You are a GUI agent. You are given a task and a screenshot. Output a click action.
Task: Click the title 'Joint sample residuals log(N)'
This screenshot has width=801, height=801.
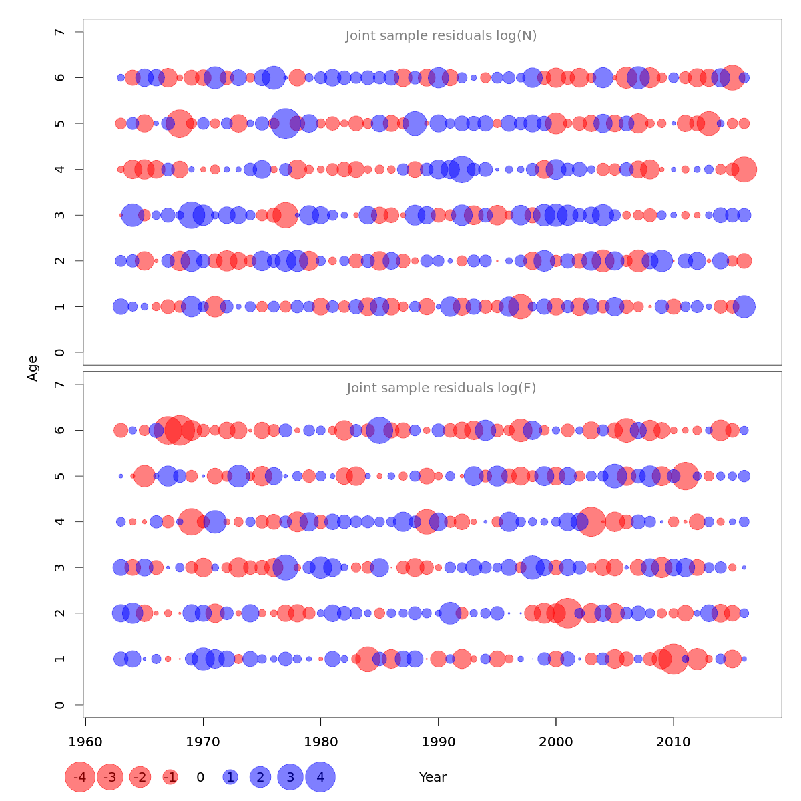click(x=441, y=36)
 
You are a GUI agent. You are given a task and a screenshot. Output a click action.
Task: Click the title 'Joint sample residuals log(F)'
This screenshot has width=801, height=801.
click(x=441, y=388)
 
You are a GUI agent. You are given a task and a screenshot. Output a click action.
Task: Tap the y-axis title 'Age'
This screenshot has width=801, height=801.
click(x=33, y=368)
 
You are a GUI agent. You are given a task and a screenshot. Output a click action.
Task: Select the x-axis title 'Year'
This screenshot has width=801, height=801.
click(x=433, y=777)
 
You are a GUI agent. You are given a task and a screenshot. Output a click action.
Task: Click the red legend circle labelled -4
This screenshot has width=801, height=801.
click(x=80, y=777)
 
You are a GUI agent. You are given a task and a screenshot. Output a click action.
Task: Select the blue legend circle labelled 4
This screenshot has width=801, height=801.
click(x=320, y=777)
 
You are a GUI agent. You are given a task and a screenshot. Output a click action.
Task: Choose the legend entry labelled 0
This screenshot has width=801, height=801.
click(x=200, y=777)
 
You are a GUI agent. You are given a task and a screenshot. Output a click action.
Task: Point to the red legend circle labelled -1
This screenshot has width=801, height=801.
click(x=170, y=777)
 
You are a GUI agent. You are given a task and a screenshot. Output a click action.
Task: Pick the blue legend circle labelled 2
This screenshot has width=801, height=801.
click(x=260, y=777)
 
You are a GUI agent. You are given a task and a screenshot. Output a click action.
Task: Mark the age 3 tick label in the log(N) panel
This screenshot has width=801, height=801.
click(x=60, y=215)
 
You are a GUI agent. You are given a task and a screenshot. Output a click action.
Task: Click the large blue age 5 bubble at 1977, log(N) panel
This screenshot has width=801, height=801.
click(x=286, y=123)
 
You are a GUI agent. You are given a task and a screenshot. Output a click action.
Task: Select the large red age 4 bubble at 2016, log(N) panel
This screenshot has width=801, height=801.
click(x=744, y=170)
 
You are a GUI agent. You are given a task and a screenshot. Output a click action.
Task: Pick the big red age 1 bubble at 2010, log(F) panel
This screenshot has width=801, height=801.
click(x=674, y=659)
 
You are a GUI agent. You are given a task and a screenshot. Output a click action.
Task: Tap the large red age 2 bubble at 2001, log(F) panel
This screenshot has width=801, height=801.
click(x=568, y=613)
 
